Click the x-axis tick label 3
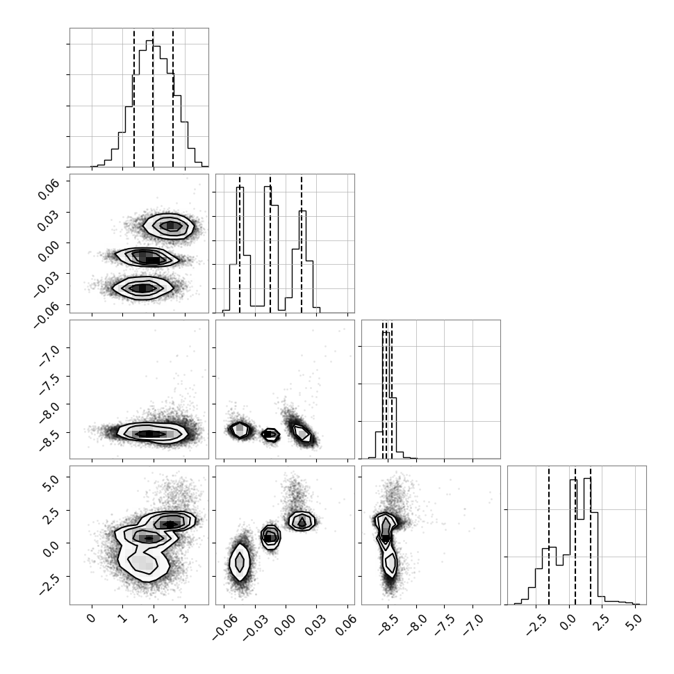click(184, 618)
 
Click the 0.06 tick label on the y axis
click(48, 189)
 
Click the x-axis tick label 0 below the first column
click(91, 618)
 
